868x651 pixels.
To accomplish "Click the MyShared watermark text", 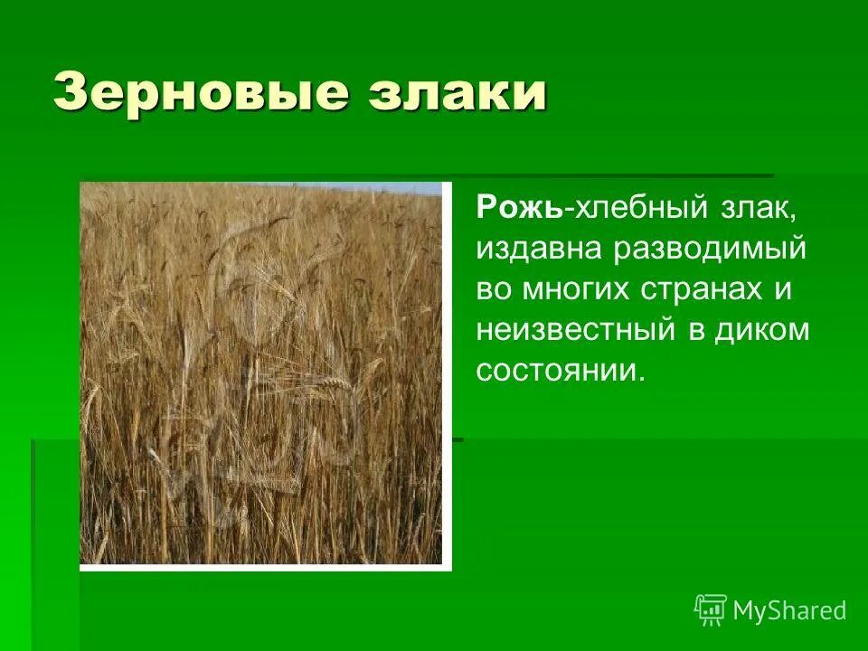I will click(789, 610).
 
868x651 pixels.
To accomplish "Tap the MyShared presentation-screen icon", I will click(711, 610).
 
